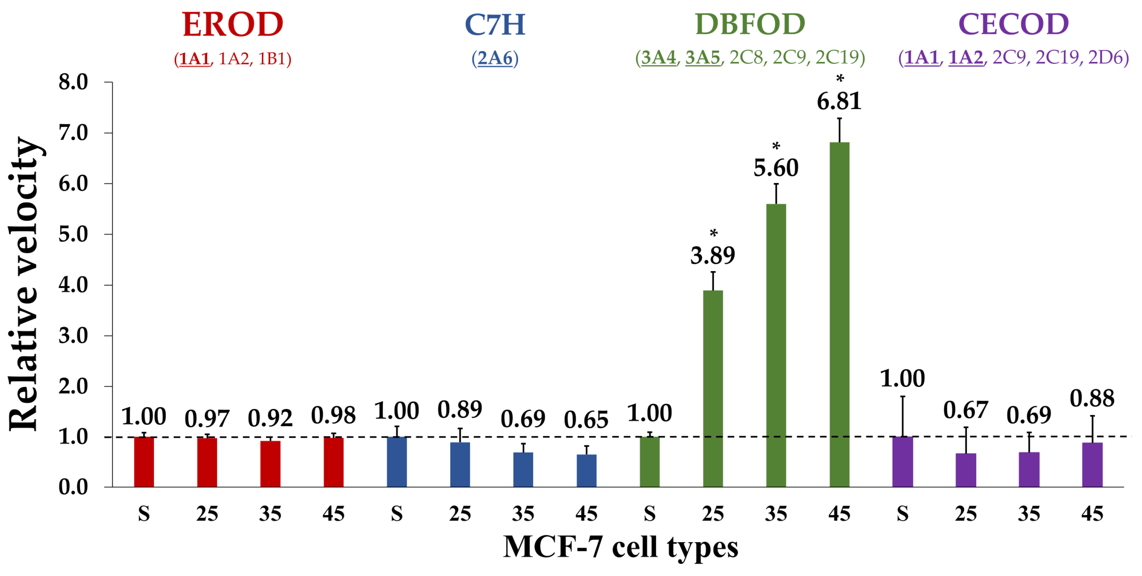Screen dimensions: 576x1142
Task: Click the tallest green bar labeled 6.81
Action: (839, 315)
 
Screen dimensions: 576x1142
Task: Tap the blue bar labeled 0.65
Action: (586, 471)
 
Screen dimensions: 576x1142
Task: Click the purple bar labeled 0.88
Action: (1092, 465)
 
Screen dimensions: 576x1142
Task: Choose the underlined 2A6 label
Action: (495, 58)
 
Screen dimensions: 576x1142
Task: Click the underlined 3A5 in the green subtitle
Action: (702, 58)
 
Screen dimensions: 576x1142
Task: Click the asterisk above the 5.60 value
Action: (776, 146)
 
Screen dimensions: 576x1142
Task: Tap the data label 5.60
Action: (776, 168)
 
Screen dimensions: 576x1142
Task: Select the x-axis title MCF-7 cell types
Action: (621, 547)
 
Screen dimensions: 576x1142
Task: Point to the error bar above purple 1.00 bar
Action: (902, 416)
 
